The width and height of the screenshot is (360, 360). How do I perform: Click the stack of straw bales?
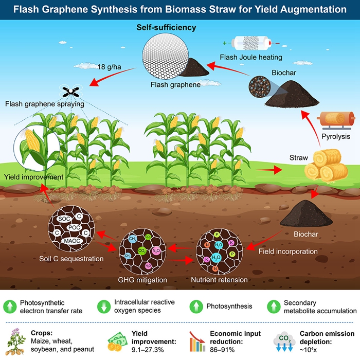[x=322, y=165]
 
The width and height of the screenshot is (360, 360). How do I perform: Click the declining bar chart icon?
[x=197, y=340]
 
